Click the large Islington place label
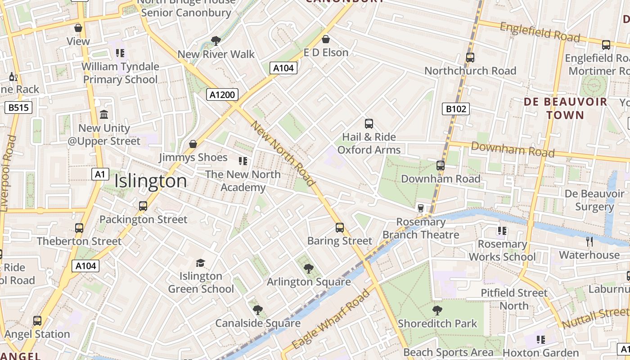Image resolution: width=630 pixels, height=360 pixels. pos(150,181)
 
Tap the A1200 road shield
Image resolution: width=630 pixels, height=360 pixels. pos(222,94)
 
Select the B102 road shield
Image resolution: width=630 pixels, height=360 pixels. pos(456,108)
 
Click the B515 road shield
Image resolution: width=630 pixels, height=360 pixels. pos(18,108)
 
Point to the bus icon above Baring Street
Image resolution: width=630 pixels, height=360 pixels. pos(340,228)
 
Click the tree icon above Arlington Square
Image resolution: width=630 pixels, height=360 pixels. pos(309,269)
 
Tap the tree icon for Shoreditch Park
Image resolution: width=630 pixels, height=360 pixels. pos(437,310)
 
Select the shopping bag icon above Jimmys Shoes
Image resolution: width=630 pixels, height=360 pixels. pos(193,144)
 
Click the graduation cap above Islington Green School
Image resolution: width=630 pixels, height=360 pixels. pos(201,263)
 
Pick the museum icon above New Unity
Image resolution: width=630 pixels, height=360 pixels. pos(104,115)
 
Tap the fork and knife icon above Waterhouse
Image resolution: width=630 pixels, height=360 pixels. pos(589,242)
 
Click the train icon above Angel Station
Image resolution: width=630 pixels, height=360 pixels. pos(37,321)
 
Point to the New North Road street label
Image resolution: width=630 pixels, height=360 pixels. pos(282,153)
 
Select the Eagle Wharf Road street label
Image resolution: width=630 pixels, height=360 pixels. pos(331,319)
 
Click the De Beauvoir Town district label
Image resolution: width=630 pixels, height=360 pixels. pos(565,108)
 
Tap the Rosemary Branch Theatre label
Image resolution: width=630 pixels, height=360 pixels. pos(421,228)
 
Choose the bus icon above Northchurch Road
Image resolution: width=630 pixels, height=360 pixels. pos(470,58)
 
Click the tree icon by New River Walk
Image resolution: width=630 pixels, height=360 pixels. pos(216,41)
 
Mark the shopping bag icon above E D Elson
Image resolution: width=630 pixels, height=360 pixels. pos(326,39)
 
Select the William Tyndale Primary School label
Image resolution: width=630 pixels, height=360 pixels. pos(121,73)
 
